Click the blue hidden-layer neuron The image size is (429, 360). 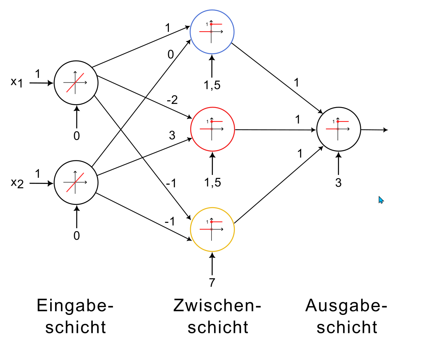point(212,31)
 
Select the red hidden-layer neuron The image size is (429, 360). point(212,129)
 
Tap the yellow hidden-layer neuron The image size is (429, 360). point(212,229)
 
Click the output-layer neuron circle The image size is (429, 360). point(339,129)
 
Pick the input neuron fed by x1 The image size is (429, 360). point(76,83)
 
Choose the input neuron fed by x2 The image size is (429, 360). point(76,183)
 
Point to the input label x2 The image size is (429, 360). point(17,183)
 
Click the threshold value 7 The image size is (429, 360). point(212,282)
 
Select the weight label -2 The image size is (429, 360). point(172,100)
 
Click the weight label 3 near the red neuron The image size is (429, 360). point(172,135)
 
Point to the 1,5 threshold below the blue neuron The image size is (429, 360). point(212,85)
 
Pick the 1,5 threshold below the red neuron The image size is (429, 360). point(212,183)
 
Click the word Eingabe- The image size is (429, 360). point(75,306)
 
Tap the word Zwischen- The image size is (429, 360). point(217,306)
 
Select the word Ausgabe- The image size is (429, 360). point(346,306)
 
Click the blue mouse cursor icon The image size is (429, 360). point(381,200)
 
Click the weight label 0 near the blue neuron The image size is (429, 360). point(171,54)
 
